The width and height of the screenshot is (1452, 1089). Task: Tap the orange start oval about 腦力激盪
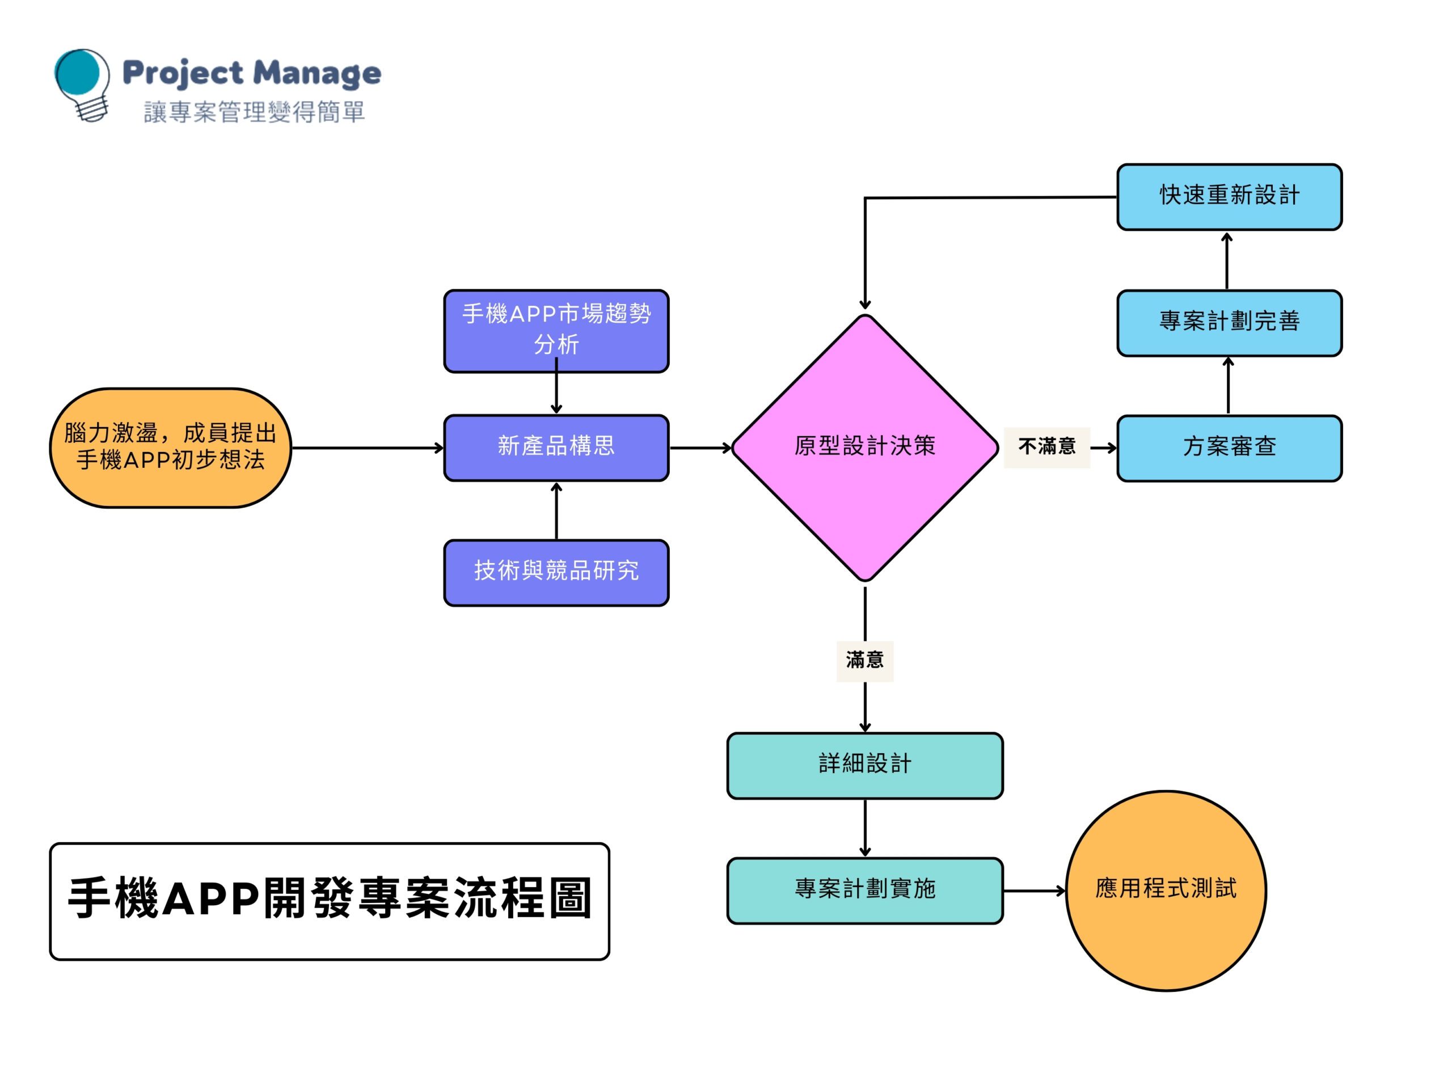[171, 448]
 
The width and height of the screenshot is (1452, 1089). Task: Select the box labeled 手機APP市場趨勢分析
[556, 331]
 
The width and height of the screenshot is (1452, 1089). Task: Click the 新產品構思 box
[556, 448]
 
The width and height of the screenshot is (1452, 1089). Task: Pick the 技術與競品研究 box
[556, 572]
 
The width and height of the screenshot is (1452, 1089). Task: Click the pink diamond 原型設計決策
[864, 448]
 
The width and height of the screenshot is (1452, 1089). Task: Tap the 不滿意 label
[1047, 447]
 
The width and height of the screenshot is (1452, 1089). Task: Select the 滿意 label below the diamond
[864, 660]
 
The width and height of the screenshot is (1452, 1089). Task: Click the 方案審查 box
[1230, 448]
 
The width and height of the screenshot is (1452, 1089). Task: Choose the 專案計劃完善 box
[1230, 323]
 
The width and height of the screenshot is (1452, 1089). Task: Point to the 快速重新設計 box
[1230, 197]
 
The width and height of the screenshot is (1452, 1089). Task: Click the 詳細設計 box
[864, 765]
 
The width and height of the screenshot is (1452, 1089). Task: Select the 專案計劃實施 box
[864, 890]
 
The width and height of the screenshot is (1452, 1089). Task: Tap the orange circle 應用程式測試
[1166, 890]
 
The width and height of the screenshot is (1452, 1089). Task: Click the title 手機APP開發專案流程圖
[330, 901]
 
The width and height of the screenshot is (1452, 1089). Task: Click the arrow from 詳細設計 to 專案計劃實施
[864, 828]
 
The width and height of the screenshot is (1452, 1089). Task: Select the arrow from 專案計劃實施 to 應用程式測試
[1035, 890]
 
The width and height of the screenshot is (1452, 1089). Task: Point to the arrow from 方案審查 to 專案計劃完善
[1228, 385]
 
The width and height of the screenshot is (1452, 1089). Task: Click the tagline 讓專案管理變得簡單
[254, 112]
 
